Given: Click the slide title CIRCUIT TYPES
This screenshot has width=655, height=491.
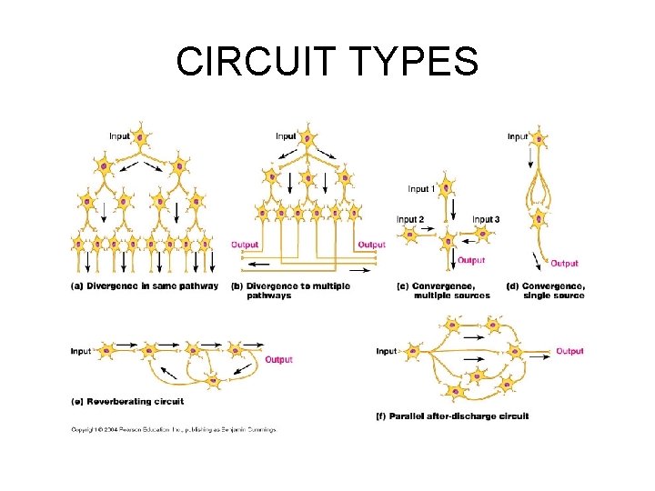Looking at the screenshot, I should pos(327,62).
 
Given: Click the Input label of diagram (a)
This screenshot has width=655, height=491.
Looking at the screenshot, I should pos(119,136).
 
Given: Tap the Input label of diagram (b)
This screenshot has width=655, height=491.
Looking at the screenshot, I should pos(286,136).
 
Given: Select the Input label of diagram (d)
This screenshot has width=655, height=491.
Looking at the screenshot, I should pos(517,136).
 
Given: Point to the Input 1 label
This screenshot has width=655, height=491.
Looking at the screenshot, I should pos(421,189).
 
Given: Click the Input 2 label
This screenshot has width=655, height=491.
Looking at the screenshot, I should pos(409,219).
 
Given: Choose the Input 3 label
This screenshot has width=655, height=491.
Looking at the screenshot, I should pos(486,219).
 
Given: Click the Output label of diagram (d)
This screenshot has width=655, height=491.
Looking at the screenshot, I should pos(564,264).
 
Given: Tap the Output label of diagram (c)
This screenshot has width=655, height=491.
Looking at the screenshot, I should pos(471,260).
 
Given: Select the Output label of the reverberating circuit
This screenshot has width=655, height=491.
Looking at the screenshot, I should pos(278,360).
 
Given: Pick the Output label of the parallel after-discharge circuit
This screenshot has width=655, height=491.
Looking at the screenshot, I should pos(569,351).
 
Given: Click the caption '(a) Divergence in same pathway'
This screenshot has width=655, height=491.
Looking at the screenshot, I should pos(145,286).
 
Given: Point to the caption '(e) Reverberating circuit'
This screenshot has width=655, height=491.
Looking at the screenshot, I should pos(127,401).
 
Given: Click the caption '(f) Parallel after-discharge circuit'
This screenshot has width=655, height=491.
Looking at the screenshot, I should pos(452,416).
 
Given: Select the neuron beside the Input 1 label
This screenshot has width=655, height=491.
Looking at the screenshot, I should pos(447,188).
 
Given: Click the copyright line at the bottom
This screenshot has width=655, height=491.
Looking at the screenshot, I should pos(173,429).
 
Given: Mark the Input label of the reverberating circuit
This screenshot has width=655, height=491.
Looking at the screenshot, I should pos(81,351).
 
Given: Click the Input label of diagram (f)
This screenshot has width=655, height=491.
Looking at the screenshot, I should pos(387,351).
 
